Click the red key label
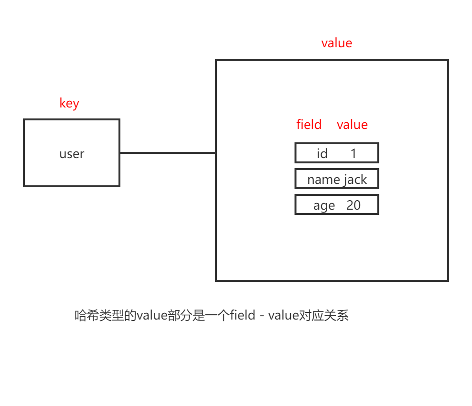tap(69, 103)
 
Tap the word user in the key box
tap(72, 154)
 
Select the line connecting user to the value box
tap(167, 153)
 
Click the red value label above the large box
tap(336, 43)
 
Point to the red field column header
tap(309, 125)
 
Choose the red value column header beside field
tap(352, 125)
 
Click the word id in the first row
tap(322, 154)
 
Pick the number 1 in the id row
tap(354, 154)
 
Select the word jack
tap(355, 180)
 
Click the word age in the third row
tap(324, 205)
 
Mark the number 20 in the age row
tap(354, 205)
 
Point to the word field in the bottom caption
tap(243, 316)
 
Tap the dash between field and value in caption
tap(262, 316)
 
